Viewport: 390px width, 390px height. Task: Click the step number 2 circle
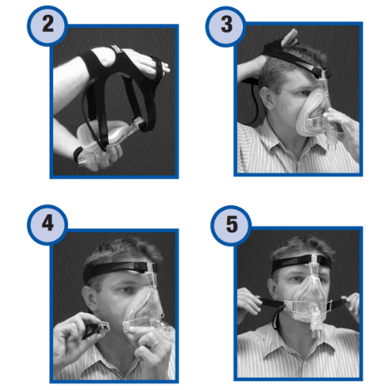[x=47, y=26]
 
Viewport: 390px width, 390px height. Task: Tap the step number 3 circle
[x=225, y=26]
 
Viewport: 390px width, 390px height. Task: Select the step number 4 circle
[x=47, y=225]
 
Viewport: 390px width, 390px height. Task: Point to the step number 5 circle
[x=231, y=225]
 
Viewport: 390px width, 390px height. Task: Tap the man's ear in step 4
[x=89, y=299]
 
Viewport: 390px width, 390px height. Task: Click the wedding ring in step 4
[x=154, y=344]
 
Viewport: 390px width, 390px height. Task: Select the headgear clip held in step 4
[x=96, y=329]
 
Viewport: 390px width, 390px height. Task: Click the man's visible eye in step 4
[x=128, y=289]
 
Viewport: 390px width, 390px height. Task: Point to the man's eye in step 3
[x=303, y=93]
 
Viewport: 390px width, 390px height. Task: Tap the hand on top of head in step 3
[x=290, y=38]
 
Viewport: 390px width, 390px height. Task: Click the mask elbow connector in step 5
[x=317, y=318]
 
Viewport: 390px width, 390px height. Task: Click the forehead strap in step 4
[x=118, y=269]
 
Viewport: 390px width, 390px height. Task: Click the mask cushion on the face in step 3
[x=310, y=111]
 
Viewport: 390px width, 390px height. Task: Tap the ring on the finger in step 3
[x=352, y=128]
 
